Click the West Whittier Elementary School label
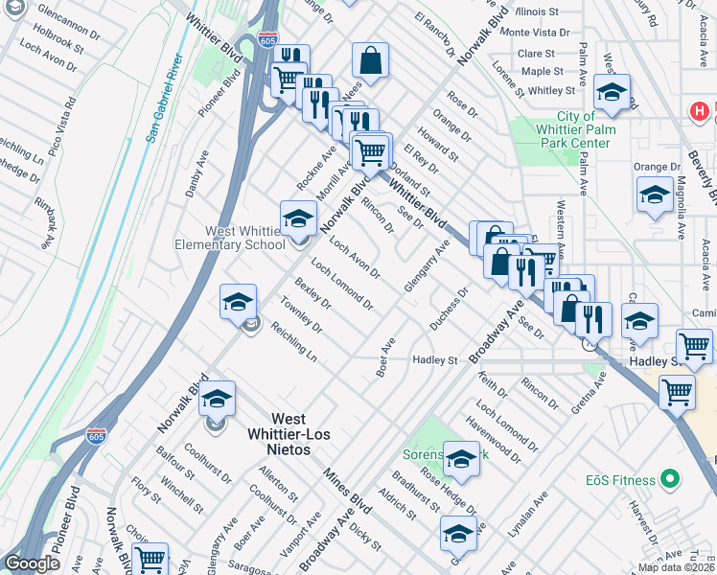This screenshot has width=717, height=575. [x=245, y=238]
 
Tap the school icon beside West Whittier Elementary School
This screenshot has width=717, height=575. [x=298, y=218]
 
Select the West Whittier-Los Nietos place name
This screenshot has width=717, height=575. [x=289, y=427]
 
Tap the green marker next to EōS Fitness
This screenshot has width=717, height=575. [x=671, y=479]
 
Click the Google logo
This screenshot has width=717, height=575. [x=32, y=563]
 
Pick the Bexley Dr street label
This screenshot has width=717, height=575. [x=312, y=295]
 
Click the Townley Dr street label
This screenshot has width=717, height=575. [x=300, y=313]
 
